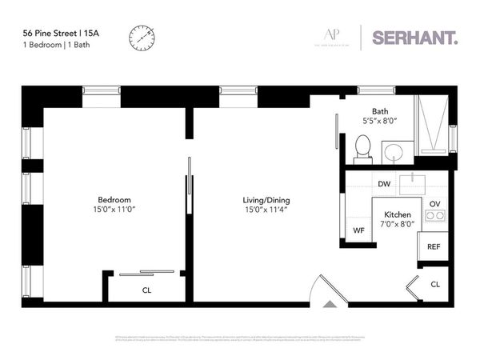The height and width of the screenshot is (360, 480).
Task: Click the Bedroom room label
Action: click(x=114, y=199)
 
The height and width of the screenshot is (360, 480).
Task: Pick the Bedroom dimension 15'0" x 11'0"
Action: click(x=114, y=210)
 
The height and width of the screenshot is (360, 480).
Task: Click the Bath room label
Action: click(x=379, y=111)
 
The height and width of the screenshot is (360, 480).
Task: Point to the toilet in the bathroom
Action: click(x=362, y=147)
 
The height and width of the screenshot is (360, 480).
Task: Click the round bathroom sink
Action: click(x=393, y=152)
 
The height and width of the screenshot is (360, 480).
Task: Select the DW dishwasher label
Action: click(x=384, y=183)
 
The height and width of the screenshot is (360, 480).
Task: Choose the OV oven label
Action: click(x=435, y=204)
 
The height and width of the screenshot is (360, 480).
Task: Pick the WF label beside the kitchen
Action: click(x=359, y=230)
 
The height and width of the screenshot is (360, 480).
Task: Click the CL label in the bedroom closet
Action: click(x=146, y=290)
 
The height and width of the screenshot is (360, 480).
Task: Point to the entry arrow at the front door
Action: click(x=329, y=305)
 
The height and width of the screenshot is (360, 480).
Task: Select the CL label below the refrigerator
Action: click(x=435, y=284)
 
